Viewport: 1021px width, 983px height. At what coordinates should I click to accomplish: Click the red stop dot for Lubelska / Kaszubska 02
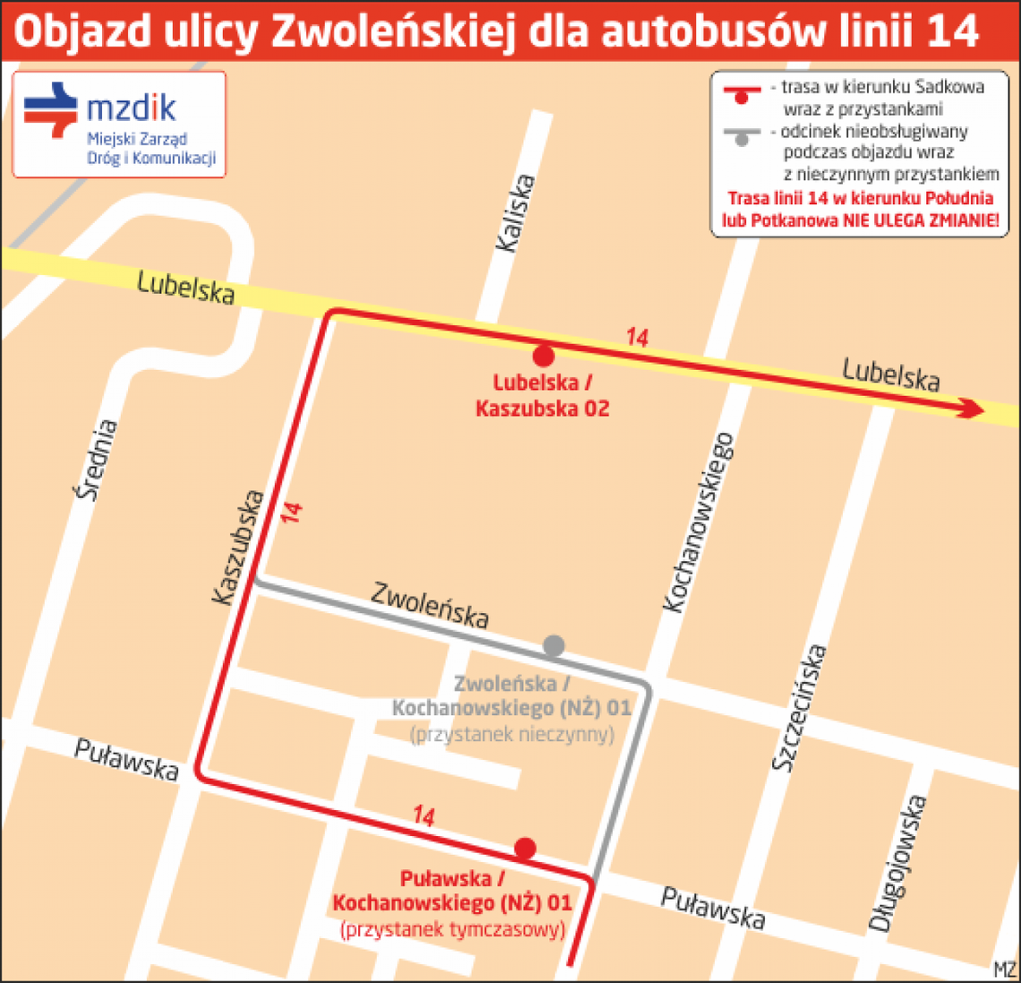(543, 357)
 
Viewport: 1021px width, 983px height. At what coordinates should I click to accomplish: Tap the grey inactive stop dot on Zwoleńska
(553, 645)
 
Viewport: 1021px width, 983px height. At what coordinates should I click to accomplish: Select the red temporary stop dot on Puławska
(525, 848)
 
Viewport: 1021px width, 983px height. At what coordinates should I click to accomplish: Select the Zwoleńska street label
(430, 606)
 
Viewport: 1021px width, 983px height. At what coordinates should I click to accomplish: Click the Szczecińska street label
(799, 707)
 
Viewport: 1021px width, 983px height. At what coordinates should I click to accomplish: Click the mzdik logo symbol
(51, 109)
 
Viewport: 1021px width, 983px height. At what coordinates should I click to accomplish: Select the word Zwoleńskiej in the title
(391, 31)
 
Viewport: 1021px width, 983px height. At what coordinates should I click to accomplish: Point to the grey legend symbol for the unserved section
(741, 136)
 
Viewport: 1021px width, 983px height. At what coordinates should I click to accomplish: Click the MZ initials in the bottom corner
(1005, 970)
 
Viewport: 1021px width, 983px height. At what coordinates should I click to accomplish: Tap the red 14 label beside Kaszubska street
(291, 513)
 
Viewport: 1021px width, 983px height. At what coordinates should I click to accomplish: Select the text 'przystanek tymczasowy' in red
(452, 929)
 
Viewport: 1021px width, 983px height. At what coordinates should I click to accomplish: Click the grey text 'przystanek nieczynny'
(511, 735)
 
